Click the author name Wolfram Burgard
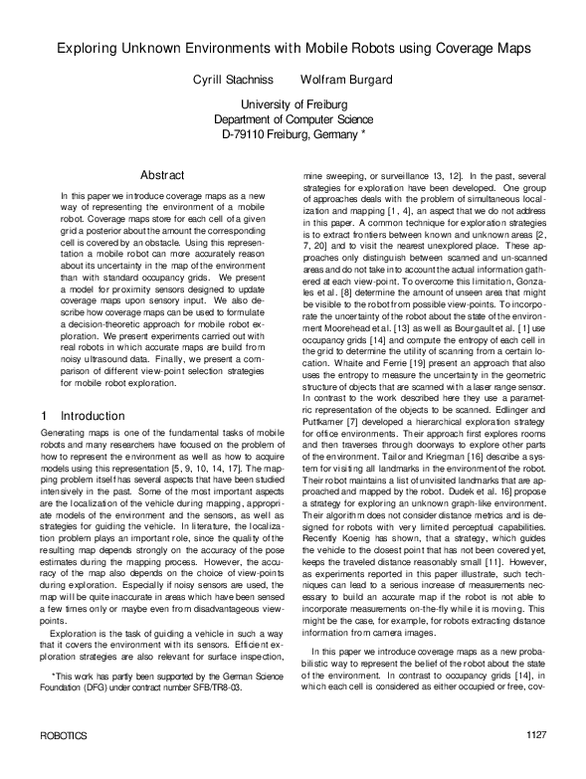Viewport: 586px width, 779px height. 344,79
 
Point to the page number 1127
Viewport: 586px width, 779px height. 537,762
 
